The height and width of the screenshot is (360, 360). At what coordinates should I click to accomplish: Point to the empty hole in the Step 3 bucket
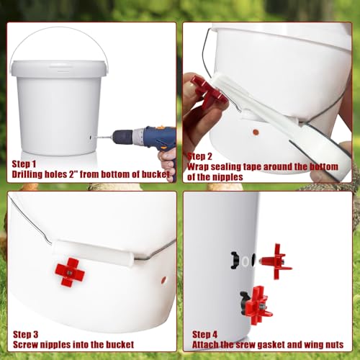coord(163,278)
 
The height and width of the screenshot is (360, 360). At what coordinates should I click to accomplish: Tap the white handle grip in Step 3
coord(94,252)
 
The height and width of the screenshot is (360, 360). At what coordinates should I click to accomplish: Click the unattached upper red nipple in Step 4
coord(275,258)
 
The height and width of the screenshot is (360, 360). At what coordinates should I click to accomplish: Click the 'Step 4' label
coord(206,334)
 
